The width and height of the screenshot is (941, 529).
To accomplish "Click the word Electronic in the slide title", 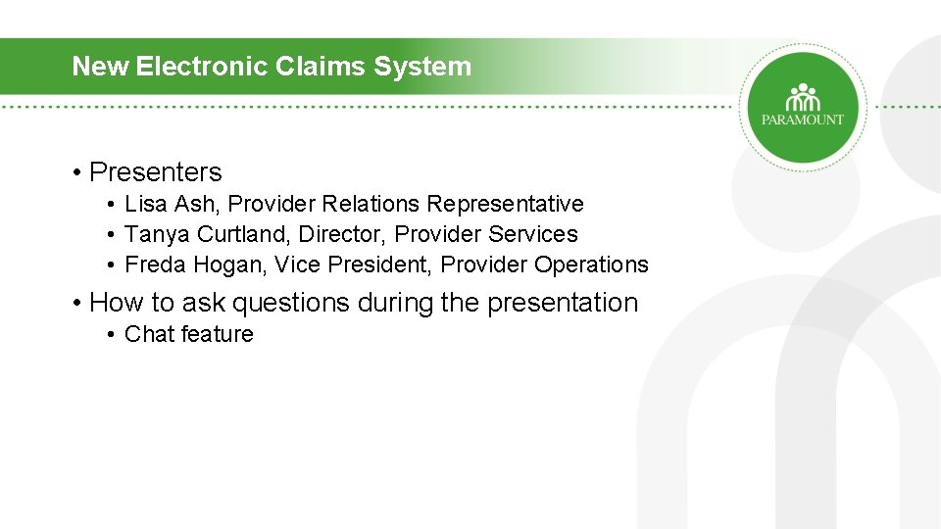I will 192,67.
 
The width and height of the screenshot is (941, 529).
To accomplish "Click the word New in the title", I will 102,67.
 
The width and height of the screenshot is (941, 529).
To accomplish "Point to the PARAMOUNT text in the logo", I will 803,120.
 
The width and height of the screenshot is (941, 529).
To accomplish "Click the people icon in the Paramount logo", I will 803,98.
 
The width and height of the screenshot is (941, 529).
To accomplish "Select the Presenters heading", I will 155,172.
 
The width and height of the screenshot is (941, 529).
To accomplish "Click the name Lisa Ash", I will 160,204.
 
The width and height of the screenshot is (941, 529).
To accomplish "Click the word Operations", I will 591,264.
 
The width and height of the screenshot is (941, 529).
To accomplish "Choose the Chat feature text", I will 188,334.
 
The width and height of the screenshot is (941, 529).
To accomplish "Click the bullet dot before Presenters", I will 76,173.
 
